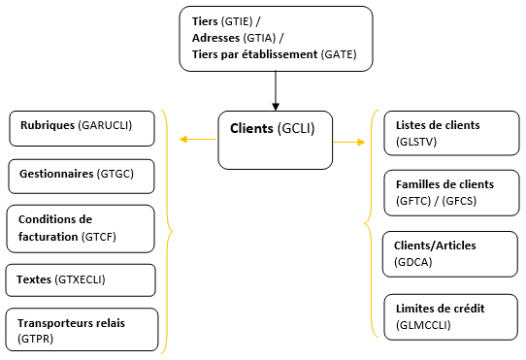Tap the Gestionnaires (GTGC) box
(x=82, y=175)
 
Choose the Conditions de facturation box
(x=81, y=227)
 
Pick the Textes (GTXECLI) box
(x=81, y=279)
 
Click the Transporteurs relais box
(x=82, y=330)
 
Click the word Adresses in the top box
(x=214, y=37)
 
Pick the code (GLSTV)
(x=415, y=142)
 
